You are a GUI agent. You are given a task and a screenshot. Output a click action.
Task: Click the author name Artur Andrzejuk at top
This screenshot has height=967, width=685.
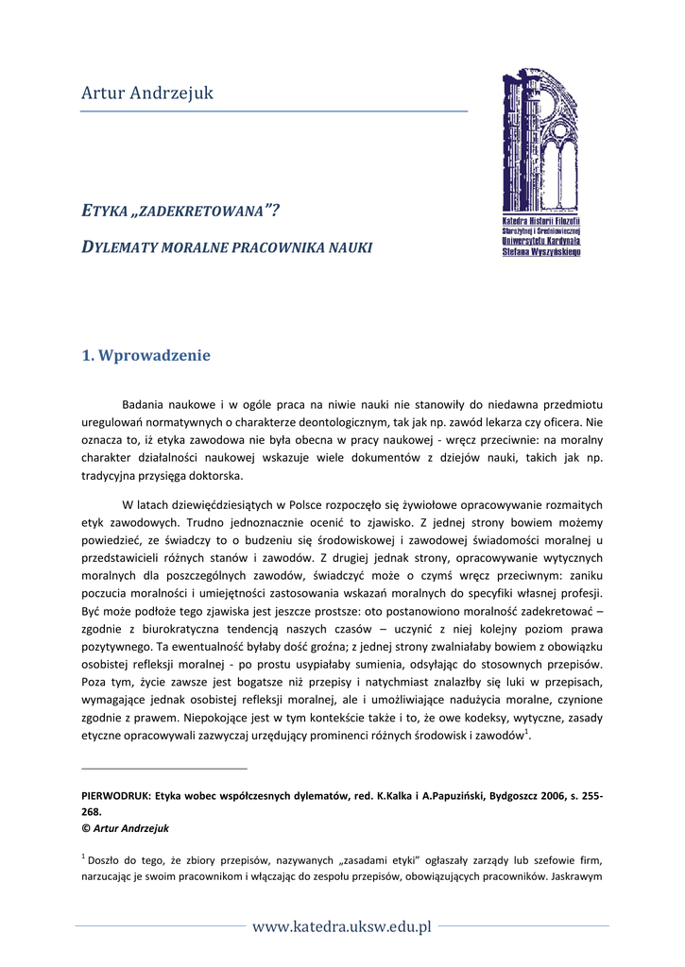click(x=147, y=93)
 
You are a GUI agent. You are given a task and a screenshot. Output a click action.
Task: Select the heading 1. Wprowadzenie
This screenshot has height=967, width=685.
click(x=146, y=356)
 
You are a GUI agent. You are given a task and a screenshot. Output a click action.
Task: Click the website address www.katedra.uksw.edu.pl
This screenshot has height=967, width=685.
click(x=342, y=926)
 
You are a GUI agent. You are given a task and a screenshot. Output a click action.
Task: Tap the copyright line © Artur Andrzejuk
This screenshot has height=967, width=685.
click(x=126, y=827)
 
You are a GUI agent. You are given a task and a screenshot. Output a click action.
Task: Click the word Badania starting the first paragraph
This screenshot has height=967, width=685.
click(x=147, y=404)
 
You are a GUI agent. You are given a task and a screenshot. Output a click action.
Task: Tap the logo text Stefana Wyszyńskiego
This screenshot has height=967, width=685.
click(x=541, y=252)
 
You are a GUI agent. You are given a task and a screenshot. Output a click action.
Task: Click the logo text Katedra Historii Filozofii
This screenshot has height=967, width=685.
click(x=541, y=221)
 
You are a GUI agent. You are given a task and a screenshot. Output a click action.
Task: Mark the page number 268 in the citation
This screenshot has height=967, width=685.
click(x=92, y=811)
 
